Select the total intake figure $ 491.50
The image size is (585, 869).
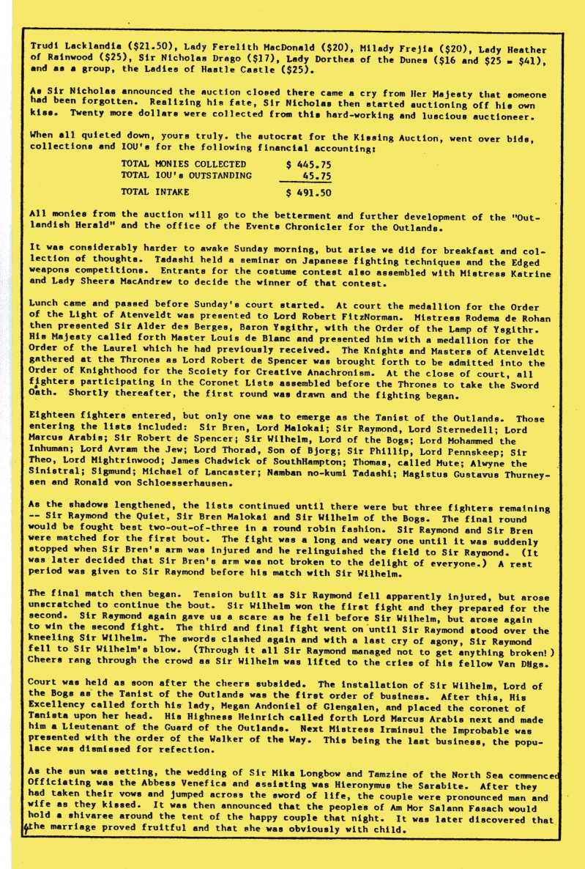click(308, 193)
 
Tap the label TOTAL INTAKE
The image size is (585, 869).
click(155, 193)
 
